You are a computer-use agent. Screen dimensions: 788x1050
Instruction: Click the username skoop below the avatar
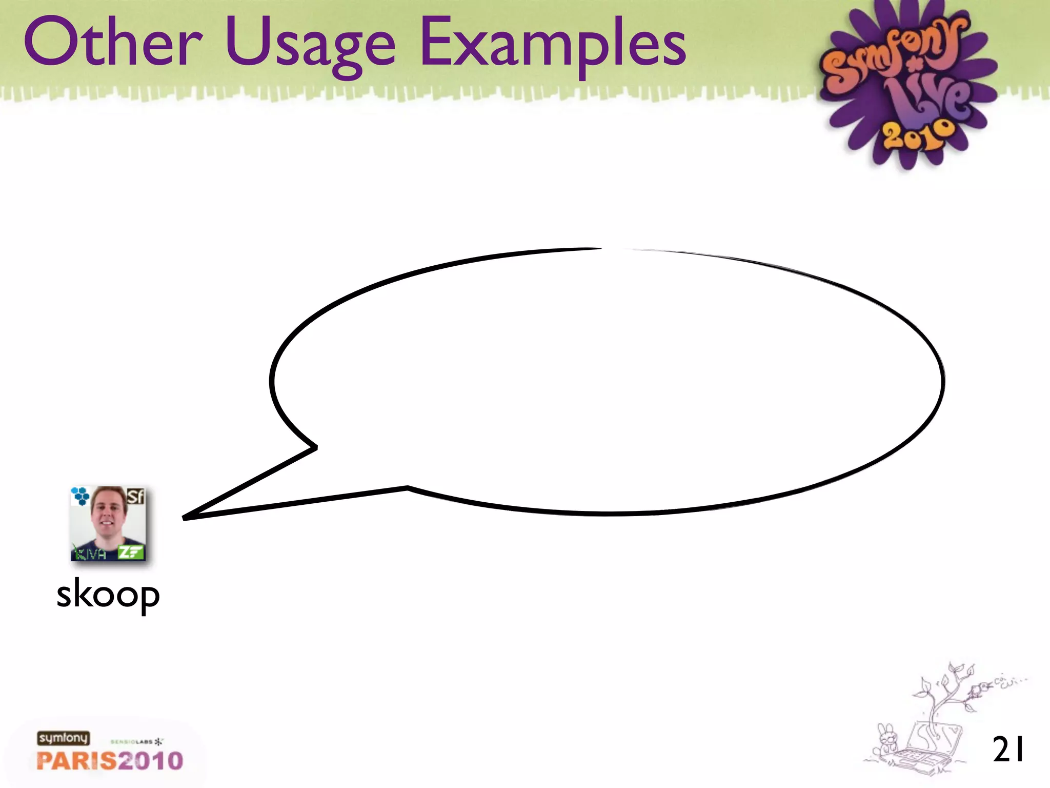point(108,595)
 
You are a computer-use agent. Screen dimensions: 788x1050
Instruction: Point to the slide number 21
point(1008,750)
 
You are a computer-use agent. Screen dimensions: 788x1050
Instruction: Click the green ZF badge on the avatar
point(130,552)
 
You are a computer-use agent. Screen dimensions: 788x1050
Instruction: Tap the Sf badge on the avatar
point(135,496)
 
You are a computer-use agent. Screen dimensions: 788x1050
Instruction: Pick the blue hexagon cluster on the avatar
point(80,496)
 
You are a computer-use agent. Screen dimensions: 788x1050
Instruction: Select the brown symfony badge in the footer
point(63,738)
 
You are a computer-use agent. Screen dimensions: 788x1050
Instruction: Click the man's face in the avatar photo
point(109,513)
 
